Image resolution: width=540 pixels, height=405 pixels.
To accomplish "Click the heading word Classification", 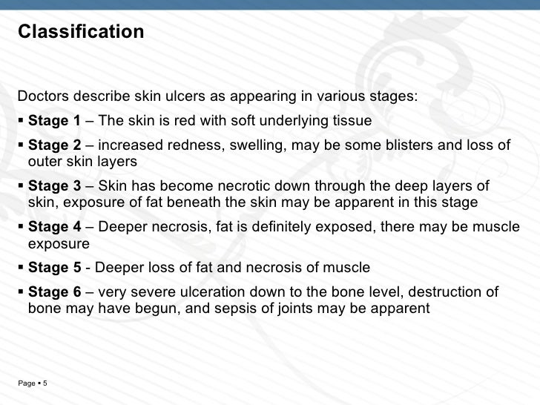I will coord(81,33).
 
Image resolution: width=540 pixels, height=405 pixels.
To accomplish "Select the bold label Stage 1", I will coord(54,121).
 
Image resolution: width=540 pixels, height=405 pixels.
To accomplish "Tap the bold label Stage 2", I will coord(54,145).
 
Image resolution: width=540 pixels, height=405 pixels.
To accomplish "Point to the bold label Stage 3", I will coord(54,186).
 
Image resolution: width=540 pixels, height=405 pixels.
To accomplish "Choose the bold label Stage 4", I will coord(54,227).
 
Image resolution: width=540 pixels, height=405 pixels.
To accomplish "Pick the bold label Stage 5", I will coord(54,268).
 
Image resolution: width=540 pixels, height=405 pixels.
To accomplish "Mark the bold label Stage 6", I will coord(54,292).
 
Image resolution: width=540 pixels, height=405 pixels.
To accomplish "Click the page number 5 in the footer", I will coord(45,383).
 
